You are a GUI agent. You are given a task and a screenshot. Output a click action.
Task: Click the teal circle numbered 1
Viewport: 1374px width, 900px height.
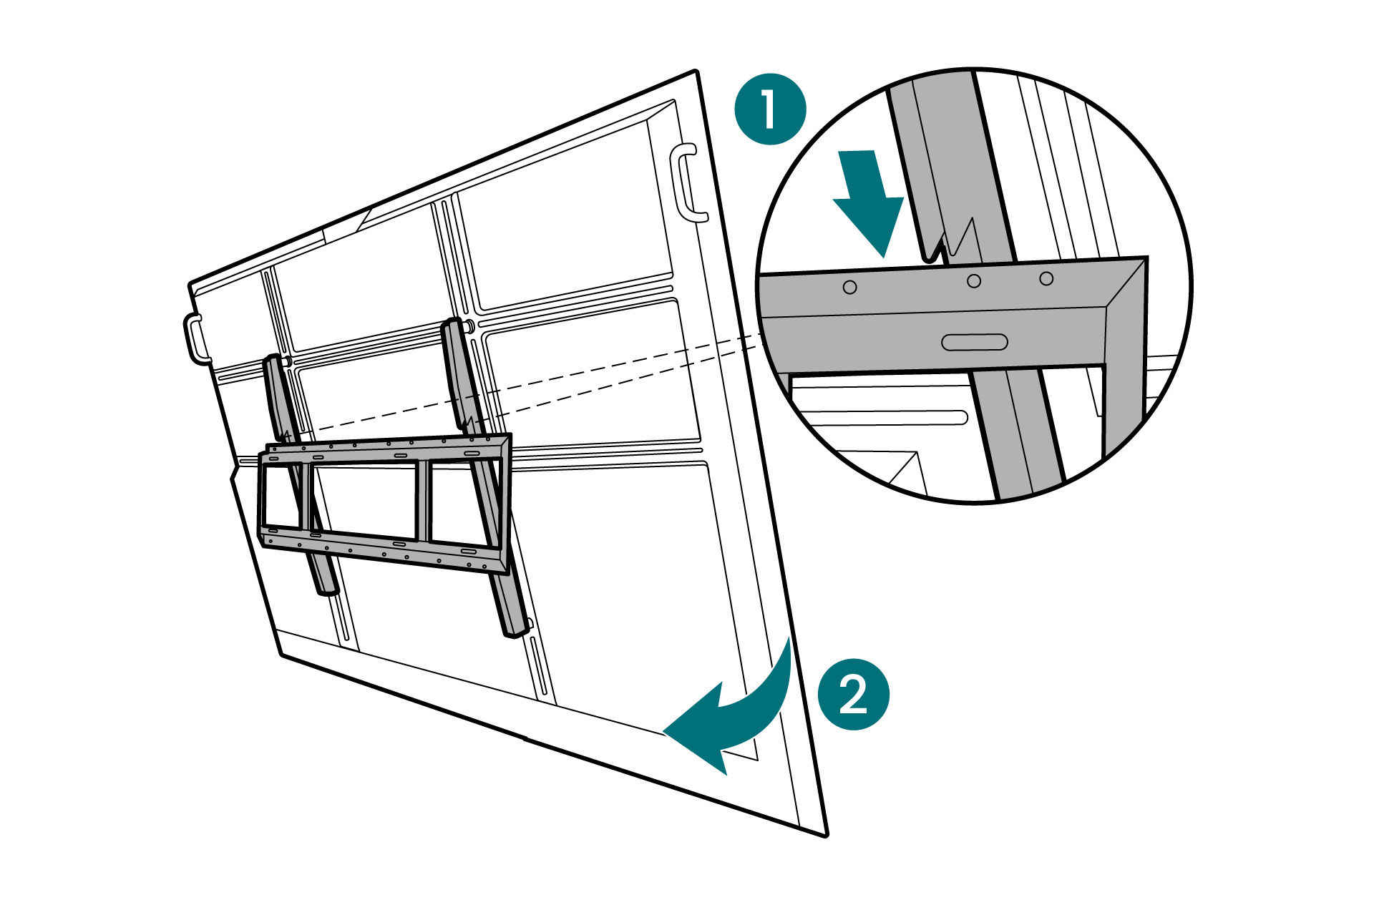[x=771, y=109]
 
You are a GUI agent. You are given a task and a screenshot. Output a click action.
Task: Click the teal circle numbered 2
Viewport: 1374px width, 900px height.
[x=853, y=694]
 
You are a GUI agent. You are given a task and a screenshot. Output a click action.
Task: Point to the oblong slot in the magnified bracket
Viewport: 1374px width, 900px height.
[x=974, y=342]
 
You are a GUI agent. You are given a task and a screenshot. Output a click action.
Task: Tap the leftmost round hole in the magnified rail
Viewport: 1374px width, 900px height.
[x=849, y=287]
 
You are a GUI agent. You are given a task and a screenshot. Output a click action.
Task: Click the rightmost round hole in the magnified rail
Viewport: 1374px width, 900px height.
[x=1046, y=278]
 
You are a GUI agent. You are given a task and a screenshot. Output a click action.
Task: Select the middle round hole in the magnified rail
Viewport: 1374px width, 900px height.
[x=973, y=281]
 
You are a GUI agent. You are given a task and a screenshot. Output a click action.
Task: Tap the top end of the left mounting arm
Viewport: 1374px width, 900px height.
[x=273, y=361]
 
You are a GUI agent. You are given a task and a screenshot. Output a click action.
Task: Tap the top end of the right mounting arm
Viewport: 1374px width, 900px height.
[x=452, y=326]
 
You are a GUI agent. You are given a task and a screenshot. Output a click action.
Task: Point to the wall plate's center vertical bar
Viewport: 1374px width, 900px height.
[x=423, y=501]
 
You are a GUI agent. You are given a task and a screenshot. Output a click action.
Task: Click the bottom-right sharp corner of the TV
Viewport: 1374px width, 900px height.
[x=826, y=834]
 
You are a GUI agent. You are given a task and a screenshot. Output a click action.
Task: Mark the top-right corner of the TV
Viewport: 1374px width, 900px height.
[x=696, y=72]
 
